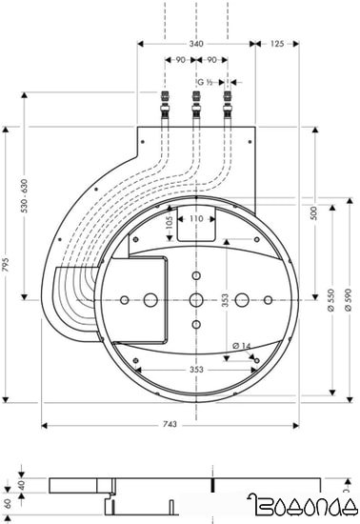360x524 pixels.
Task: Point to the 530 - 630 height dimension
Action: pos(11,224)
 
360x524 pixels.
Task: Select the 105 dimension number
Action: pos(169,226)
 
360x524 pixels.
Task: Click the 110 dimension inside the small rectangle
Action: pos(195,219)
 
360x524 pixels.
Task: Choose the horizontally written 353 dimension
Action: pos(194,369)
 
